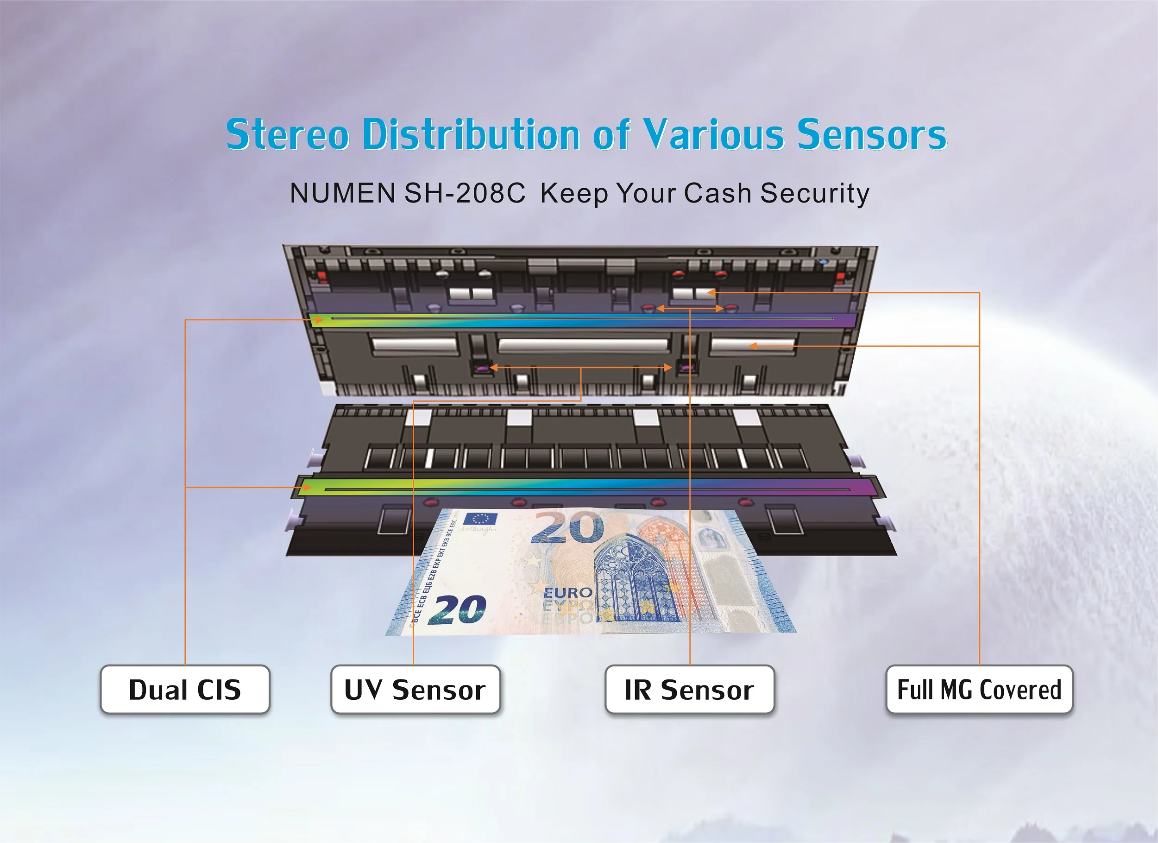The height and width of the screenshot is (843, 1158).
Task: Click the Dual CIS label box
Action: coord(185,689)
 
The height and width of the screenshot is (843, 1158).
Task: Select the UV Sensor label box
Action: coord(415,689)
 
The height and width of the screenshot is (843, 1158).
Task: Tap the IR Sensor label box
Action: coord(689,689)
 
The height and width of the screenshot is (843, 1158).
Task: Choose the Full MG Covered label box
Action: coord(979,689)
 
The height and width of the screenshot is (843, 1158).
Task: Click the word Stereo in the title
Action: coord(288,134)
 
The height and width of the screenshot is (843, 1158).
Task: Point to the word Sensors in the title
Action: coord(872,134)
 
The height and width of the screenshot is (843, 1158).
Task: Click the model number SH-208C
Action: coord(465,193)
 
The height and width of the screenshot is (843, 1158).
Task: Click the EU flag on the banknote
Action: coord(480,519)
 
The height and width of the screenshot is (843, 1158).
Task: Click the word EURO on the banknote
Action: coord(567,593)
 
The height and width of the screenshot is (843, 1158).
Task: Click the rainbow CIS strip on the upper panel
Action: coord(582,319)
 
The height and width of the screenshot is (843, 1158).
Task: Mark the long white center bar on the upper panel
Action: coord(583,345)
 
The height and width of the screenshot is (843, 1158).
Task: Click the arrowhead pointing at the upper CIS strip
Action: coord(319,320)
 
